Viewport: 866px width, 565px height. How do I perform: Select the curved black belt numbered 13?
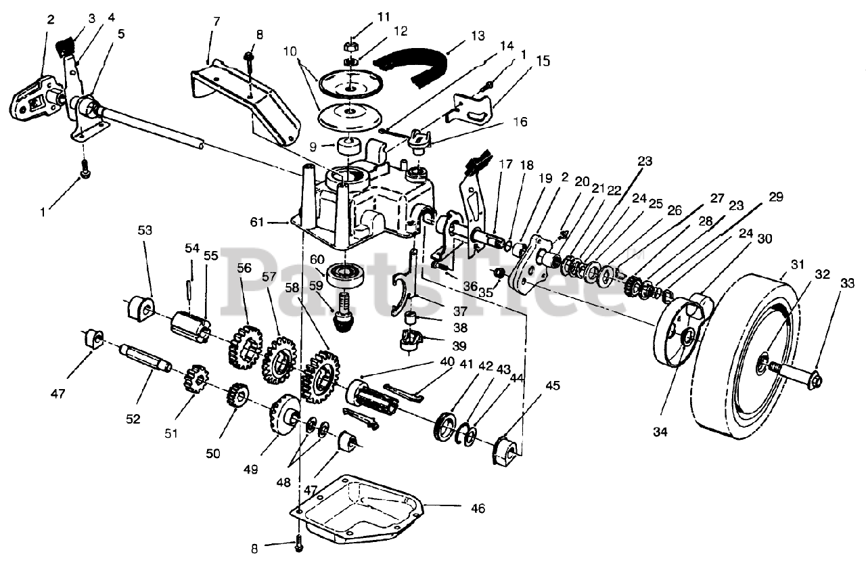coord(411,69)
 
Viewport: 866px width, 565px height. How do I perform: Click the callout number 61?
coord(256,222)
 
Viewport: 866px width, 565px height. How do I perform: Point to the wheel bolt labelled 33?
coord(796,374)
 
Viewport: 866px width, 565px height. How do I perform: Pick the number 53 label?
coord(145,231)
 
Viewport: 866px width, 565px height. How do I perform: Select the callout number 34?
coord(660,432)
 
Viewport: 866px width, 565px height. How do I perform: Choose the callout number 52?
coord(133,419)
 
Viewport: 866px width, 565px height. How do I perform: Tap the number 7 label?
coord(216,22)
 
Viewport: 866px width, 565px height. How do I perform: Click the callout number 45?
coord(553,386)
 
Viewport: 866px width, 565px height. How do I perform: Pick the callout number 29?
coord(775,197)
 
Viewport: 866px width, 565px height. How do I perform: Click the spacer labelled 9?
coord(350,146)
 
